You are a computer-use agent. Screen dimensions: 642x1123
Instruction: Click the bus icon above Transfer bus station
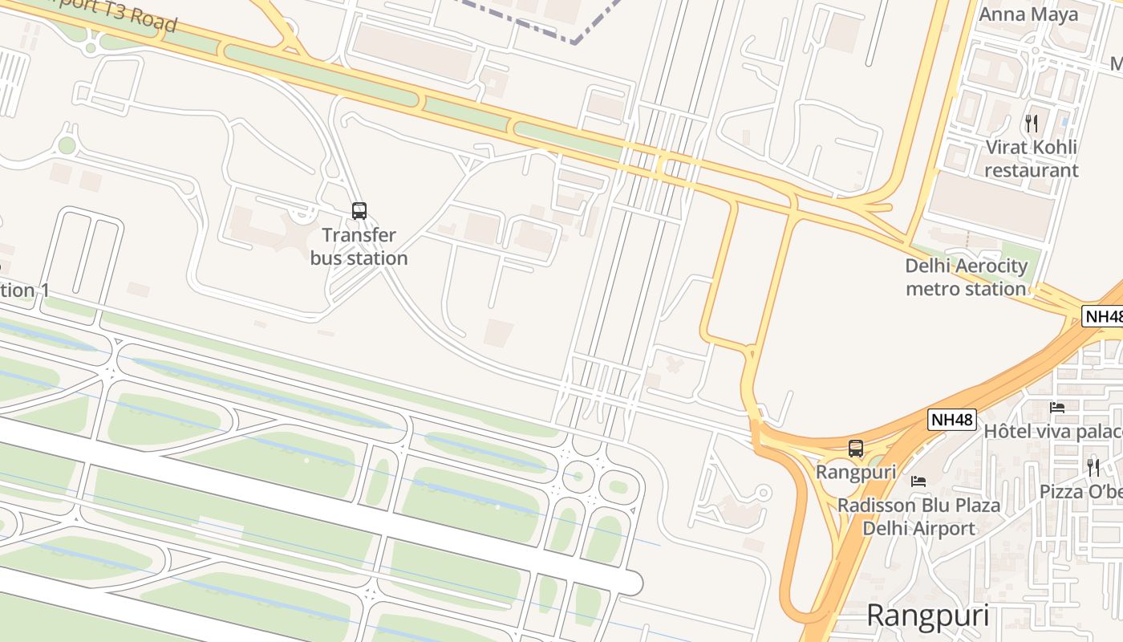pyautogui.click(x=359, y=211)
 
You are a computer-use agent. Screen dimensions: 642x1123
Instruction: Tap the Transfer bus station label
pyautogui.click(x=359, y=246)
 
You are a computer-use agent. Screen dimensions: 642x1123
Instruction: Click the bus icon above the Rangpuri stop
pyautogui.click(x=856, y=449)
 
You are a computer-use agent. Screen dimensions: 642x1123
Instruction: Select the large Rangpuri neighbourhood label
pyautogui.click(x=928, y=616)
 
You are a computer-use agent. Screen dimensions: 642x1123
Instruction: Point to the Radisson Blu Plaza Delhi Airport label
pyautogui.click(x=918, y=517)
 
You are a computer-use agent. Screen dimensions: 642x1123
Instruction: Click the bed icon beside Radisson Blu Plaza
pyautogui.click(x=918, y=481)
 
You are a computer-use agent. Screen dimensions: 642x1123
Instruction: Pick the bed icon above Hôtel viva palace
pyautogui.click(x=1057, y=408)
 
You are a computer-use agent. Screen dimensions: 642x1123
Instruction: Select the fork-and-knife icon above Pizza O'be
pyautogui.click(x=1093, y=467)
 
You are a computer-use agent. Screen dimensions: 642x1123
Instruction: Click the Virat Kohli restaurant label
pyautogui.click(x=1031, y=159)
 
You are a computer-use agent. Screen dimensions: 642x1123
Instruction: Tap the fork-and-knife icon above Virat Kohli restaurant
pyautogui.click(x=1032, y=123)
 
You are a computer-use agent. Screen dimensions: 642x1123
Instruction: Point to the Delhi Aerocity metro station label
pyautogui.click(x=966, y=277)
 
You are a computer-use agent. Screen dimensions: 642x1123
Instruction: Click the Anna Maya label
pyautogui.click(x=1028, y=14)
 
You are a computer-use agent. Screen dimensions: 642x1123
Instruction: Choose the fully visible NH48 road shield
pyautogui.click(x=952, y=420)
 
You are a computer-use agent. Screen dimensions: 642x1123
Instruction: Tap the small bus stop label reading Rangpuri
pyautogui.click(x=856, y=472)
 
